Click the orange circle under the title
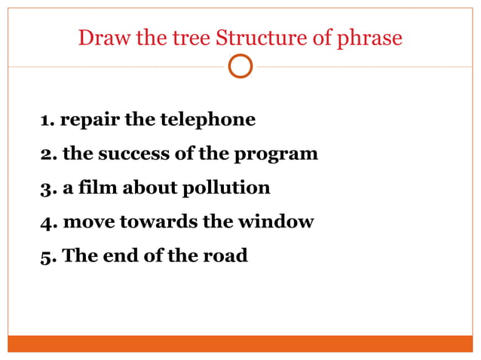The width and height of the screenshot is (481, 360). point(240,66)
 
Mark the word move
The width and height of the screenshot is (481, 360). point(84,222)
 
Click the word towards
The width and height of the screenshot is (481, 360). point(152,222)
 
